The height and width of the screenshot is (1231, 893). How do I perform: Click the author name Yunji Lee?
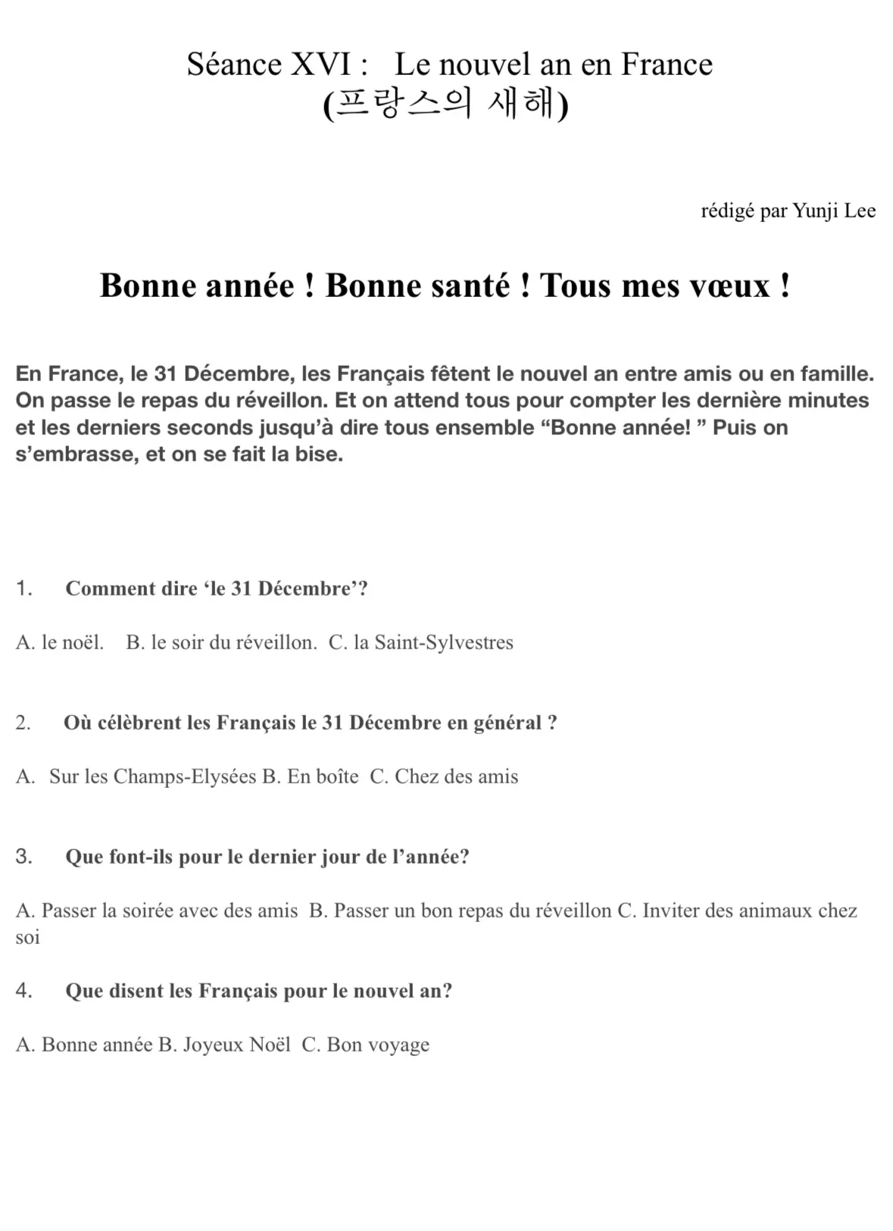coord(834,211)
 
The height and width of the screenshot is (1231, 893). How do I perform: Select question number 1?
coord(23,589)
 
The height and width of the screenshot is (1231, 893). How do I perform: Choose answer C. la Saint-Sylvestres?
coord(421,642)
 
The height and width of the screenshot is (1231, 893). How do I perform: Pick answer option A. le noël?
coord(59,642)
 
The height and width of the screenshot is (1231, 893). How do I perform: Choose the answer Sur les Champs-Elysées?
coord(152,776)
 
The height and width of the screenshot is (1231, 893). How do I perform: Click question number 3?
coord(23,857)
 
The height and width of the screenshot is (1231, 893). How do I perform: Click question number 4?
coord(23,991)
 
